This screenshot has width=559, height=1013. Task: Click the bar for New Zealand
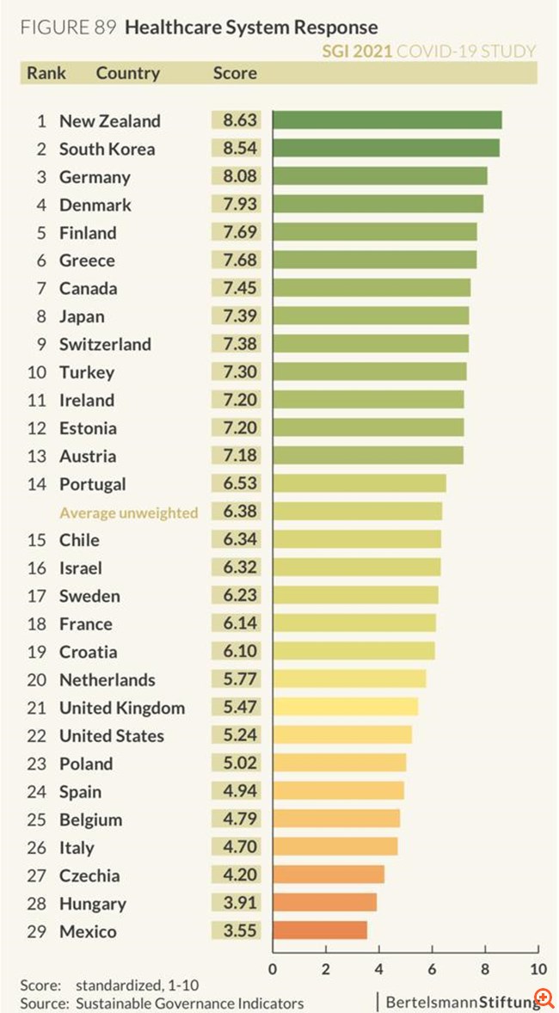(x=387, y=120)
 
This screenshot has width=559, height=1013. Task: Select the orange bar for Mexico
(x=320, y=931)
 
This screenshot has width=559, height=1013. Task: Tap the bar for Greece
(x=374, y=260)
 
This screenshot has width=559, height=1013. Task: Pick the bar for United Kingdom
(x=345, y=708)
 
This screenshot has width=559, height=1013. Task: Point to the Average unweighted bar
(x=357, y=512)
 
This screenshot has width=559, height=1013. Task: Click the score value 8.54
(x=240, y=149)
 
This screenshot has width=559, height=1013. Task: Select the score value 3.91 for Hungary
(x=240, y=903)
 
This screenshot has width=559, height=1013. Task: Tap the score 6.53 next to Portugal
(x=240, y=484)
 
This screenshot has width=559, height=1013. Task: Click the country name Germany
(x=95, y=177)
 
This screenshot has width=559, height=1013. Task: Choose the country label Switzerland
(x=105, y=344)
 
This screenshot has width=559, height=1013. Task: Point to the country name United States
(x=111, y=736)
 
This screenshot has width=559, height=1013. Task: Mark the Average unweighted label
(x=128, y=513)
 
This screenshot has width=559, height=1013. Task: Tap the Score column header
(x=235, y=73)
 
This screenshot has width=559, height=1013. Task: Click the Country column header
(x=127, y=73)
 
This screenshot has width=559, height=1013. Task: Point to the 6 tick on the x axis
(x=432, y=970)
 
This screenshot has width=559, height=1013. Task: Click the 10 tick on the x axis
(x=537, y=970)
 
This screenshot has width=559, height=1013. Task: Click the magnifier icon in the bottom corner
(x=543, y=998)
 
